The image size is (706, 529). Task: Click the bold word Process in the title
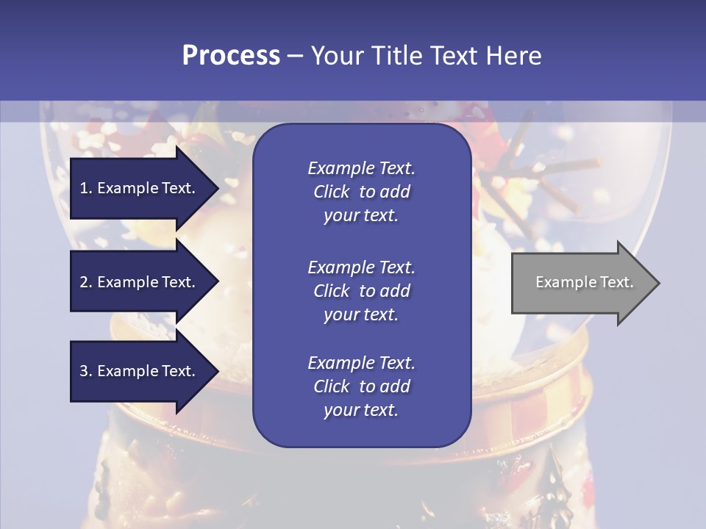(231, 56)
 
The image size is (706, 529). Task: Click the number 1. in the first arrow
(86, 188)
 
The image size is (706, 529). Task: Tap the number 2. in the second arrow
(86, 282)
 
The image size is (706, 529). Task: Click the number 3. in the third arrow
(86, 371)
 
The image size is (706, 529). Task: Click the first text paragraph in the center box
(361, 192)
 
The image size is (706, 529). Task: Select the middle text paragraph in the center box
(361, 291)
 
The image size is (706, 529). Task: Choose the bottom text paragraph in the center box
(361, 386)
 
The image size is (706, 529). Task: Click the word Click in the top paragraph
(331, 192)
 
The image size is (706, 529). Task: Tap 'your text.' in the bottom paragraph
(361, 410)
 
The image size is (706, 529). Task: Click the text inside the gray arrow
(585, 282)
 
